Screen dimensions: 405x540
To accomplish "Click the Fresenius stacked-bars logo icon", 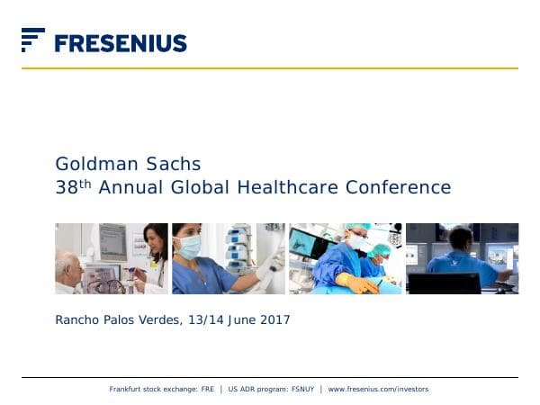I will point(32,40).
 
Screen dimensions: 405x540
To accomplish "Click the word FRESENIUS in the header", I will point(121,43).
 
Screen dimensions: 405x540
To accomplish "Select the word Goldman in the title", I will point(91,164).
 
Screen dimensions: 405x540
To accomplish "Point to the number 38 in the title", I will point(66,188).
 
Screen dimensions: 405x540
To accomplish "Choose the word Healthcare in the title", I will point(281,188).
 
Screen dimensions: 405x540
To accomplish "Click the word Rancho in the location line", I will point(76,319).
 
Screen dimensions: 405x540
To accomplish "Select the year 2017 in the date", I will point(275,319).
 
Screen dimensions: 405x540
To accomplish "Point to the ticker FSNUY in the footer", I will point(301,389).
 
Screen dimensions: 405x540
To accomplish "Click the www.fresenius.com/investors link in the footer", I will point(378,389).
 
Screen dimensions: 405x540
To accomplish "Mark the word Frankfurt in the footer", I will point(127,389).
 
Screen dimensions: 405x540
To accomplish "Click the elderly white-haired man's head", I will point(69,267).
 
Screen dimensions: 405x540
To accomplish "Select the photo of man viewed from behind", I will point(462,258).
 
